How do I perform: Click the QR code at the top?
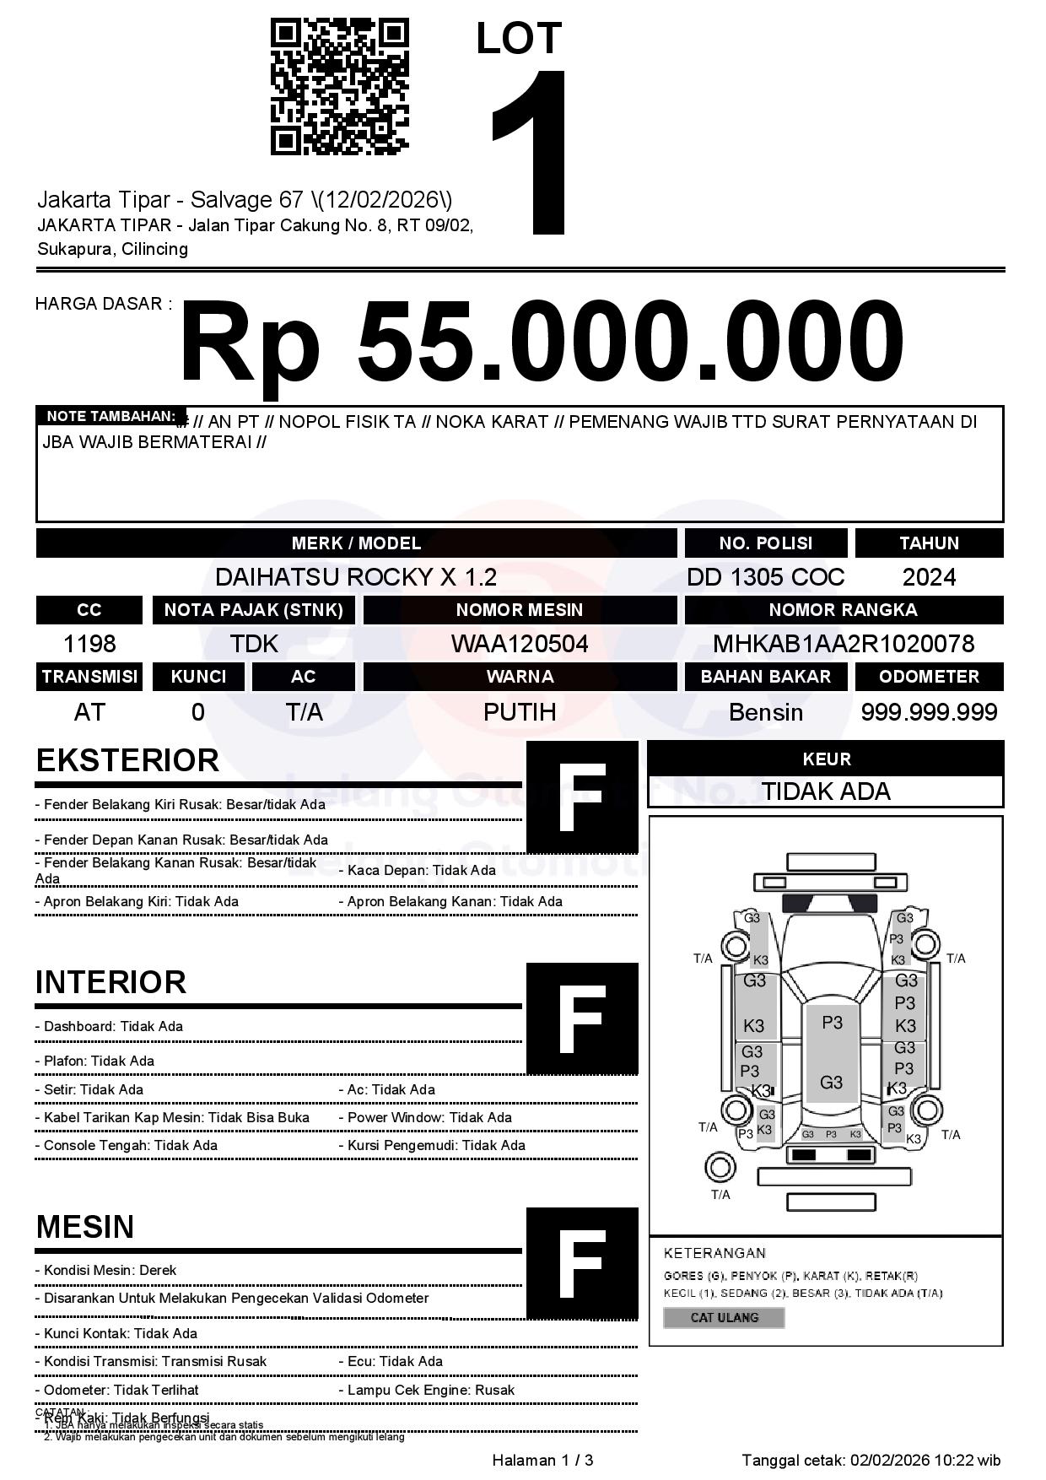[339, 87]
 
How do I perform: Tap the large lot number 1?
[532, 152]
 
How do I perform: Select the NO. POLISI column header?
[765, 543]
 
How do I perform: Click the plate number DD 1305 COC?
[765, 577]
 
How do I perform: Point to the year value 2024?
[929, 577]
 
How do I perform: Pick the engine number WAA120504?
[520, 644]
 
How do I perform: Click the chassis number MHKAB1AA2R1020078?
[844, 644]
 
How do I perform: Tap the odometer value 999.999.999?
[929, 712]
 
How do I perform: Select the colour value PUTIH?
[520, 712]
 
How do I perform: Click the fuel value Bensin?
[765, 712]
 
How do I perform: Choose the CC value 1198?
[89, 644]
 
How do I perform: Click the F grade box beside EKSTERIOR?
[582, 797]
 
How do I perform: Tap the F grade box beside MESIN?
[582, 1263]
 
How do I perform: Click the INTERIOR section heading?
[111, 982]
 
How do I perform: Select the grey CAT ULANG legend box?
[724, 1317]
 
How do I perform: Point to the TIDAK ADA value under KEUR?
[826, 791]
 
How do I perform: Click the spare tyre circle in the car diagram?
[720, 1168]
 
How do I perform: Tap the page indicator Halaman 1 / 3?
[542, 1460]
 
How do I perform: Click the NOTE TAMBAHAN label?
[110, 416]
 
